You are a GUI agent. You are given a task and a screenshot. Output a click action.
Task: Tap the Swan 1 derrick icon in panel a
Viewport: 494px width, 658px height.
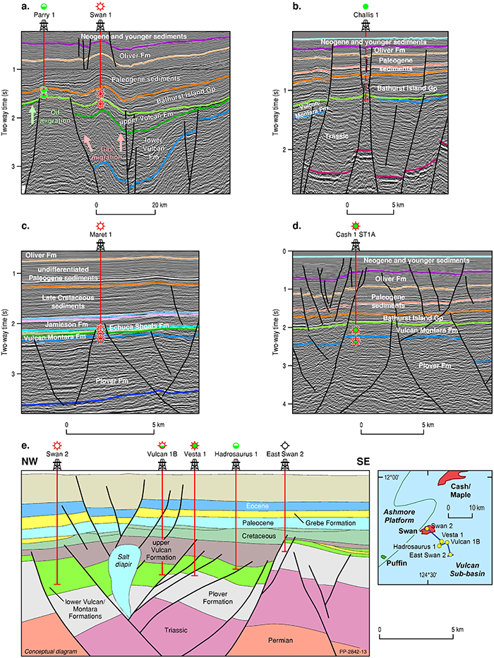point(101,26)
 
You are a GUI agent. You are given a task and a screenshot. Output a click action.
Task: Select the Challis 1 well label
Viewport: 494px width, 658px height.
point(366,15)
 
